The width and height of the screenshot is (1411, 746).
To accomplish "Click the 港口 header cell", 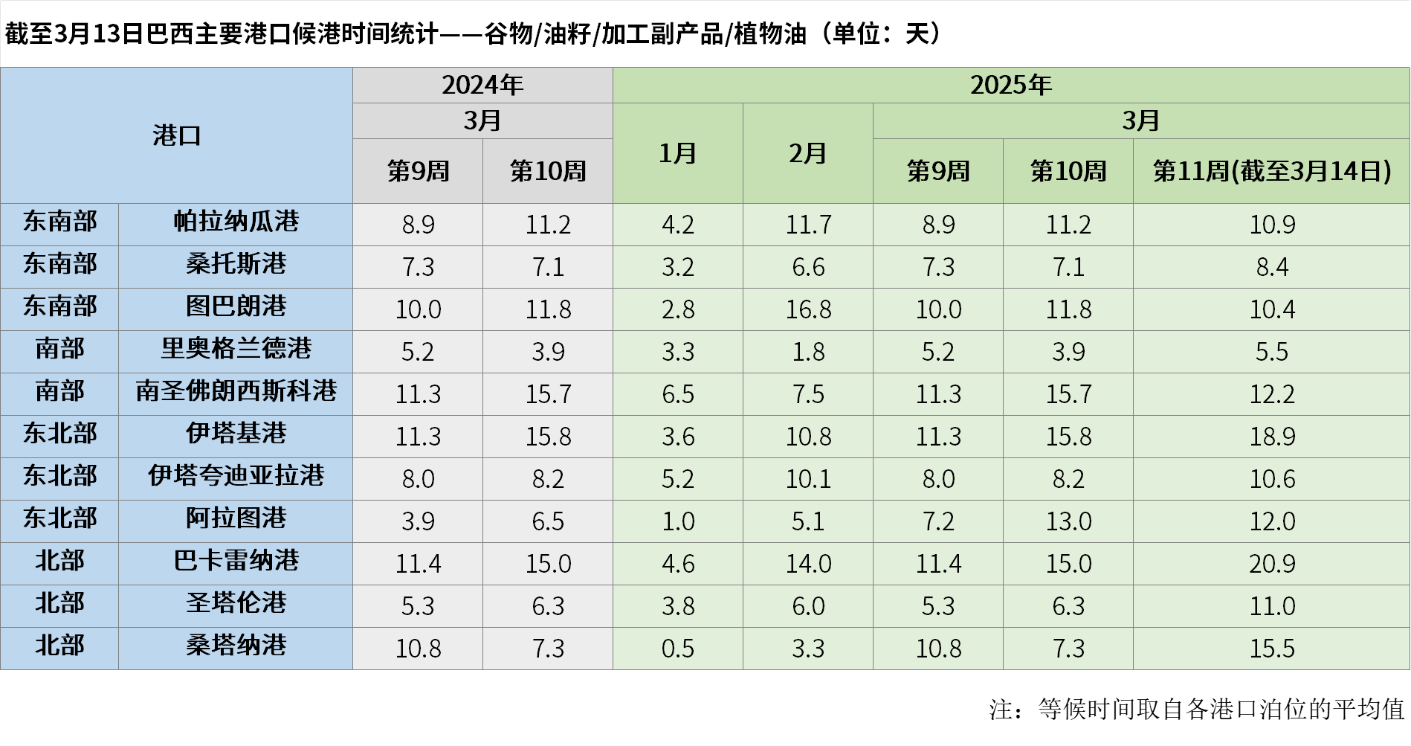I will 176,135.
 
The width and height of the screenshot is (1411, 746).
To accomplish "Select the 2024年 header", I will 482,85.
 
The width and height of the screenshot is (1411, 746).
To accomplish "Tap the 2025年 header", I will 1010,85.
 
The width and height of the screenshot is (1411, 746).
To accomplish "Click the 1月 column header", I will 677,153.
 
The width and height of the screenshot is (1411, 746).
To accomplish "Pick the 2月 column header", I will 807,153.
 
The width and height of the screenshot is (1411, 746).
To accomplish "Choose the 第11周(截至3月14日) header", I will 1271,171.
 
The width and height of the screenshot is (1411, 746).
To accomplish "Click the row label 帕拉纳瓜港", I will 236,222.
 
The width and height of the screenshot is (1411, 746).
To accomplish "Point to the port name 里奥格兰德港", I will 236,349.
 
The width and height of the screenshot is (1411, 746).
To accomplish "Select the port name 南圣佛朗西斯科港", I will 236,391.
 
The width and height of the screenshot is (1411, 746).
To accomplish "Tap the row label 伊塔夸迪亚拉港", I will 236,476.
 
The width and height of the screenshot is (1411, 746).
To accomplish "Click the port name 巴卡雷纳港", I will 236,561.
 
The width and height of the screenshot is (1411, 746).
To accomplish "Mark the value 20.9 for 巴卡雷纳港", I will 1271,564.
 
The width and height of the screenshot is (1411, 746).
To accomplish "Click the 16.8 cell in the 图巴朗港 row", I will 808,309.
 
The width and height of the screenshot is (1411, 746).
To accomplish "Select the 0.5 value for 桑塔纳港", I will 677,649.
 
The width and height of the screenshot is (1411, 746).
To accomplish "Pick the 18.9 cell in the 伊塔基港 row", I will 1271,437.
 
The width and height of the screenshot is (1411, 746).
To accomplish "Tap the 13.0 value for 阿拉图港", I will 1068,521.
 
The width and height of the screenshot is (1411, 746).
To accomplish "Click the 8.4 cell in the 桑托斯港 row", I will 1271,267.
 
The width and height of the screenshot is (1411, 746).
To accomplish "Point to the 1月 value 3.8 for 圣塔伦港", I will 677,606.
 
